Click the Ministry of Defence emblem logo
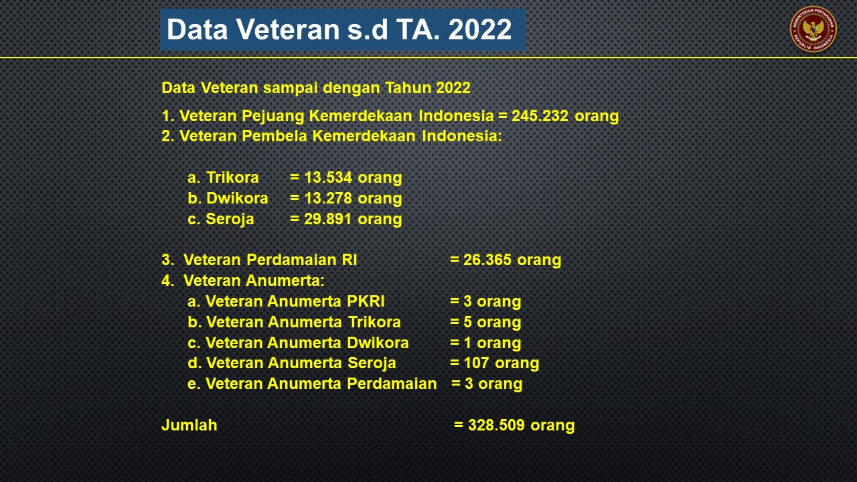pyautogui.click(x=813, y=29)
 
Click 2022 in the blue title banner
pyautogui.click(x=480, y=29)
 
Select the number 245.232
pyautogui.click(x=540, y=116)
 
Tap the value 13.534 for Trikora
pyautogui.click(x=328, y=177)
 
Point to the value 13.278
pyautogui.click(x=328, y=198)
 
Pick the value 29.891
pyautogui.click(x=327, y=219)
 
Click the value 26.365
pyautogui.click(x=487, y=260)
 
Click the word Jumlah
pyautogui.click(x=189, y=425)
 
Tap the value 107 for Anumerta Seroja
pyautogui.click(x=476, y=363)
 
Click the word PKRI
pyautogui.click(x=366, y=301)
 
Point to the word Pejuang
pyautogui.click(x=272, y=116)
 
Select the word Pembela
pyautogui.click(x=275, y=136)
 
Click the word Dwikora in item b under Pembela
pyautogui.click(x=237, y=198)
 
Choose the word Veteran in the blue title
pyautogui.click(x=287, y=29)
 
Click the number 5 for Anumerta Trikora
pyautogui.click(x=467, y=322)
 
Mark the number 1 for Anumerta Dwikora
pyautogui.click(x=467, y=343)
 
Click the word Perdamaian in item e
pyautogui.click(x=392, y=384)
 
